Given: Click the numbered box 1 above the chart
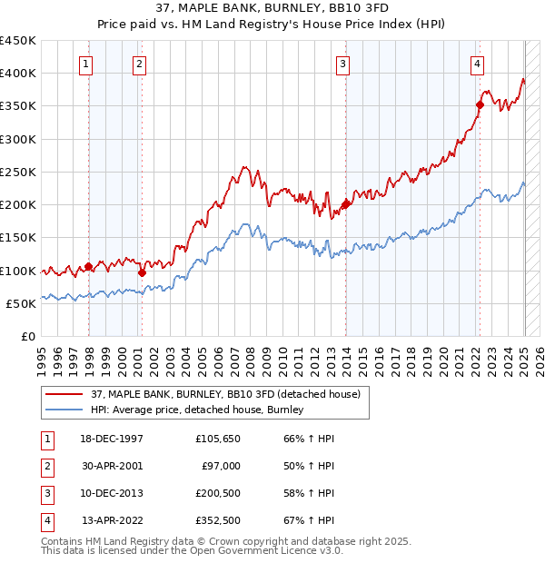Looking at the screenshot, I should (84, 64).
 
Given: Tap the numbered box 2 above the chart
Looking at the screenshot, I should (139, 64).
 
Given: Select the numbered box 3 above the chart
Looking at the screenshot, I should (342, 64).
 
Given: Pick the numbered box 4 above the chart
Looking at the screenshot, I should (477, 64).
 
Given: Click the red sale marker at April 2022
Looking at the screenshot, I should (480, 104).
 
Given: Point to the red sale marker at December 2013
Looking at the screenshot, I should (345, 204).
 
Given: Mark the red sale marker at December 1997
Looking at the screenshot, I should (88, 267).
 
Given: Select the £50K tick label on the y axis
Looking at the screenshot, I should (22, 303).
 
